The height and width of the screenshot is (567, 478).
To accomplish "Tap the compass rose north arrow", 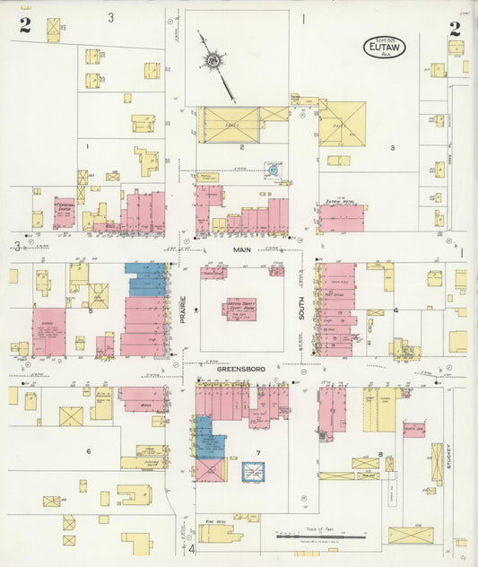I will coord(213,61).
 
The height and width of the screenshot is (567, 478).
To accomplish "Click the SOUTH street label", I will coord(303,310).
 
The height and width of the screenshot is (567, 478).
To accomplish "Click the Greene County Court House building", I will coord(239,310).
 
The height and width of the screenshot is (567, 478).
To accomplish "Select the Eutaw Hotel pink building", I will coord(342,218).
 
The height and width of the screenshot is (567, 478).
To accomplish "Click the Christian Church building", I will coord(64,213).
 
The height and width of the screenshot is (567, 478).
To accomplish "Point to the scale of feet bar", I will coord(323,536).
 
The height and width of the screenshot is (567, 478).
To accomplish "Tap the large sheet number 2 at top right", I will coord(456,29).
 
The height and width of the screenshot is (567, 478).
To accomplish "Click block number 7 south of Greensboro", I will coord(257,453).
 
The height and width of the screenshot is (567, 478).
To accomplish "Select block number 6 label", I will coord(88,451).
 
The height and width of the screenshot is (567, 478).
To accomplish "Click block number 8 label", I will coord(380,455).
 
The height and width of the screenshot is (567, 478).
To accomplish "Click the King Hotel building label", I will coord(213,521).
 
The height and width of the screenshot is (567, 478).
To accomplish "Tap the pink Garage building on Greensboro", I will coord(49,333).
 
